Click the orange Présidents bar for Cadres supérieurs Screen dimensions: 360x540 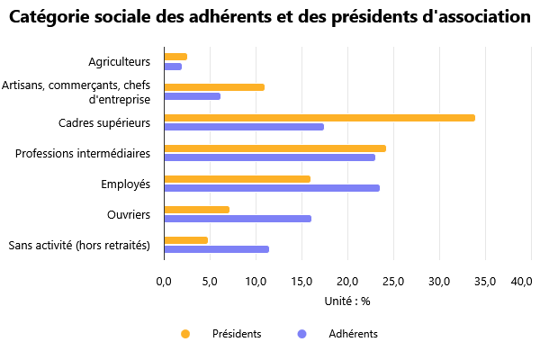319,118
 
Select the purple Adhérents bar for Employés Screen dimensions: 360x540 272,188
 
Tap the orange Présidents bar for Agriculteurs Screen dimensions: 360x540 175,57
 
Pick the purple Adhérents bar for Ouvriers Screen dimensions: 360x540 238,219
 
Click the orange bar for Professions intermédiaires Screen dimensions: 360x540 274,148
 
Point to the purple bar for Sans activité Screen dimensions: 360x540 216,249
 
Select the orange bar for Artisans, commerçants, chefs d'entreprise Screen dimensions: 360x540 214,87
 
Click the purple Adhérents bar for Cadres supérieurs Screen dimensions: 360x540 244,127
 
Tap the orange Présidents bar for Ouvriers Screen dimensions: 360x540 196,210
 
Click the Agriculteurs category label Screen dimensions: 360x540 119,62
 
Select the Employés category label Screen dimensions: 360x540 125,184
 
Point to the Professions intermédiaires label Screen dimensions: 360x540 83,154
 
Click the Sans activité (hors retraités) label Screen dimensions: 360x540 78,246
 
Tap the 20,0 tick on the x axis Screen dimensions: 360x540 347,282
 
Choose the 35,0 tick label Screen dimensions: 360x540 484,282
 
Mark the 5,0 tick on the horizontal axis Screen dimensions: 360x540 210,282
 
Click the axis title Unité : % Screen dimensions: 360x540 346,301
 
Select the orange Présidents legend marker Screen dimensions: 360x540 186,334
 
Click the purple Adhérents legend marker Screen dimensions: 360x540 302,334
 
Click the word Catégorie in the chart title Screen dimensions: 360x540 54,17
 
